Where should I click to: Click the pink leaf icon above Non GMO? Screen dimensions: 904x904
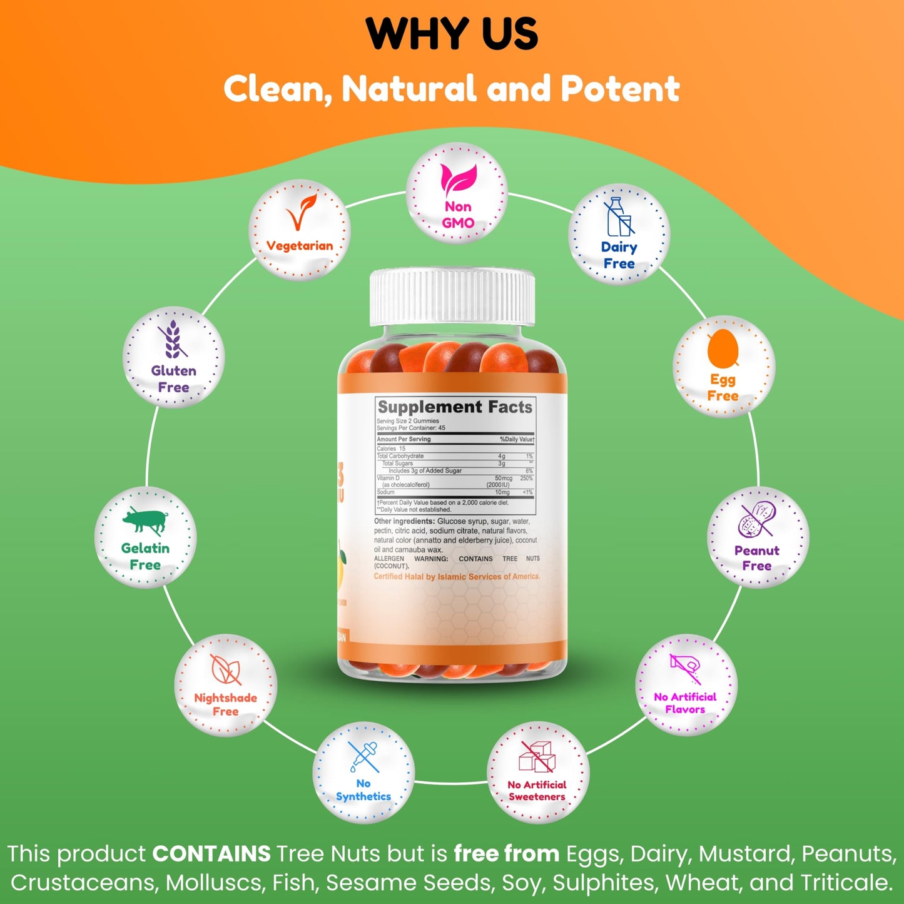[458, 179]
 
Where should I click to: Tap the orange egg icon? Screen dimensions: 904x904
[723, 348]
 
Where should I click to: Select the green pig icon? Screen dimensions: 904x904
[146, 521]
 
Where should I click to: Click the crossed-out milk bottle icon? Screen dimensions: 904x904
[619, 217]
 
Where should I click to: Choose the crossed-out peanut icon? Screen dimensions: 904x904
[757, 519]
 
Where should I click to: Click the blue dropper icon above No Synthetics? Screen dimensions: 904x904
[363, 756]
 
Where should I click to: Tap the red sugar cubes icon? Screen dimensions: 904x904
[537, 757]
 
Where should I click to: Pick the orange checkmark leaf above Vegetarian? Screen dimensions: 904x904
[300, 213]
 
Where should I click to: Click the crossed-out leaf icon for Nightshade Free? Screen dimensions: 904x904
[225, 669]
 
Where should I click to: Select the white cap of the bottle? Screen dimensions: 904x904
[452, 297]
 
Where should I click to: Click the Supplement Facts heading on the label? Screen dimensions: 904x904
[455, 407]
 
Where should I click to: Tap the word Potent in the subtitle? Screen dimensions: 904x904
[620, 89]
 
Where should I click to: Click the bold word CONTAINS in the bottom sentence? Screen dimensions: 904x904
[211, 854]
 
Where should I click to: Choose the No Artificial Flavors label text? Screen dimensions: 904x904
[685, 703]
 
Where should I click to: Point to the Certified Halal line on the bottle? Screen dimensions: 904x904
[457, 577]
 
